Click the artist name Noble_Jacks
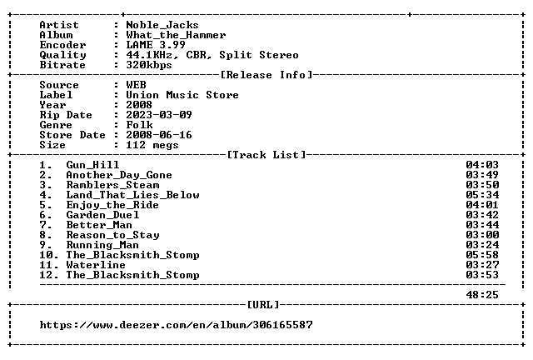[x=162, y=25]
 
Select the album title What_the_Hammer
[x=176, y=35]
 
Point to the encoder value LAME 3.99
[x=156, y=45]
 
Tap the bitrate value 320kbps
[x=149, y=65]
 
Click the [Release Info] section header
[x=266, y=75]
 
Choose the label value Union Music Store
[x=182, y=95]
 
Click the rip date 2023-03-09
[x=159, y=115]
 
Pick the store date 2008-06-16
[x=159, y=135]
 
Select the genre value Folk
[x=139, y=125]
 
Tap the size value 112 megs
[x=152, y=145]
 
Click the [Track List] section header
[x=266, y=155]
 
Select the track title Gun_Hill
[x=92, y=165]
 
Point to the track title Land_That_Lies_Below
[x=132, y=195]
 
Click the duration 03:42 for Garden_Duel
[x=482, y=215]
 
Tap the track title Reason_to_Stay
[x=112, y=235]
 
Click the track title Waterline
[x=96, y=265]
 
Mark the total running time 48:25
[x=482, y=295]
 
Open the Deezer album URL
[x=176, y=325]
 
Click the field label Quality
[x=62, y=55]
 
